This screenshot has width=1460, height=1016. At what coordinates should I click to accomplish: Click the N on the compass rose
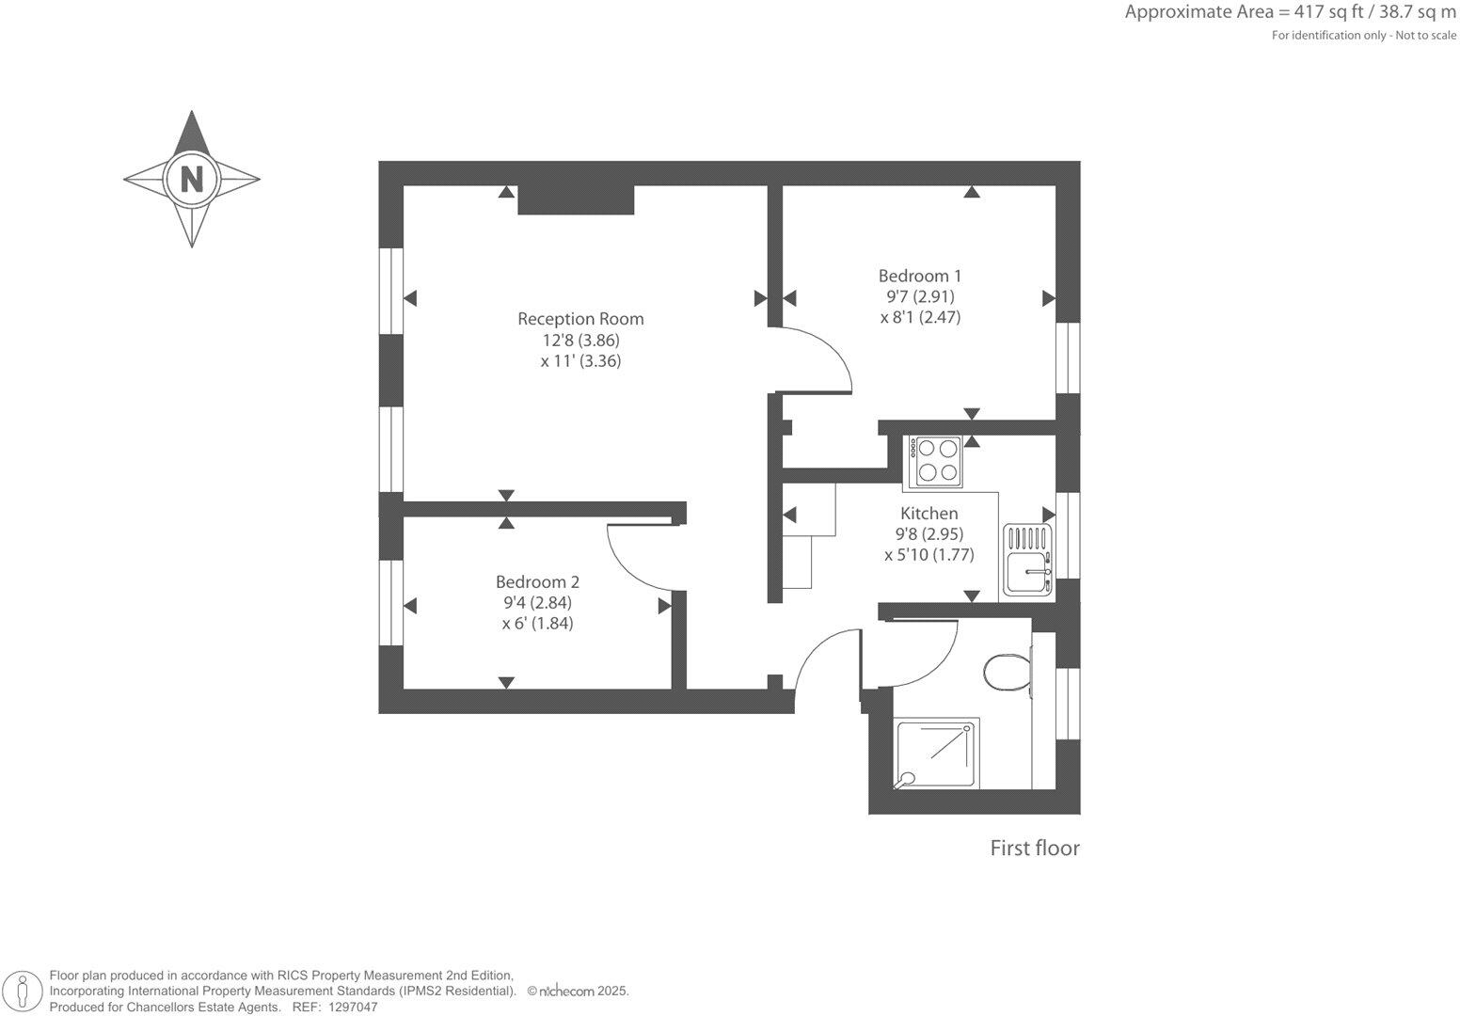pos(192,179)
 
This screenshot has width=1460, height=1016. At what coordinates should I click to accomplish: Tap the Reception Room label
pos(580,319)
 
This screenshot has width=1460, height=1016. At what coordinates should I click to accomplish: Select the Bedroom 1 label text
pos(919,276)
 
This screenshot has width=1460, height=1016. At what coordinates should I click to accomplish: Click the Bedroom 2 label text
pos(537,582)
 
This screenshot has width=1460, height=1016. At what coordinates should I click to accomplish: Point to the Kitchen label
pos(929,514)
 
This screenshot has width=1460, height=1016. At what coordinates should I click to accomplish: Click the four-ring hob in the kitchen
pos(934,461)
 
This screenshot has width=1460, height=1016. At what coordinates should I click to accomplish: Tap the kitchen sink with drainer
pos(1027,560)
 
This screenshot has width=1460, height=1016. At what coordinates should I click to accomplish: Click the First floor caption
pos(1034,849)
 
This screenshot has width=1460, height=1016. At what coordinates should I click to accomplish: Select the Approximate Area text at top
pos(1290,12)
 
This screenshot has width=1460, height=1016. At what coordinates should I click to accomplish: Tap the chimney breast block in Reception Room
pos(576,199)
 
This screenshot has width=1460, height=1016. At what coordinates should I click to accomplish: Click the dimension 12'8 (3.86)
pos(580,341)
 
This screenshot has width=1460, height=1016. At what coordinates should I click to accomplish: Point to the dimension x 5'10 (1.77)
pos(928,555)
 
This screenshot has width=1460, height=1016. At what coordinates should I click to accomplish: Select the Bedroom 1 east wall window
pos(1068,357)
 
